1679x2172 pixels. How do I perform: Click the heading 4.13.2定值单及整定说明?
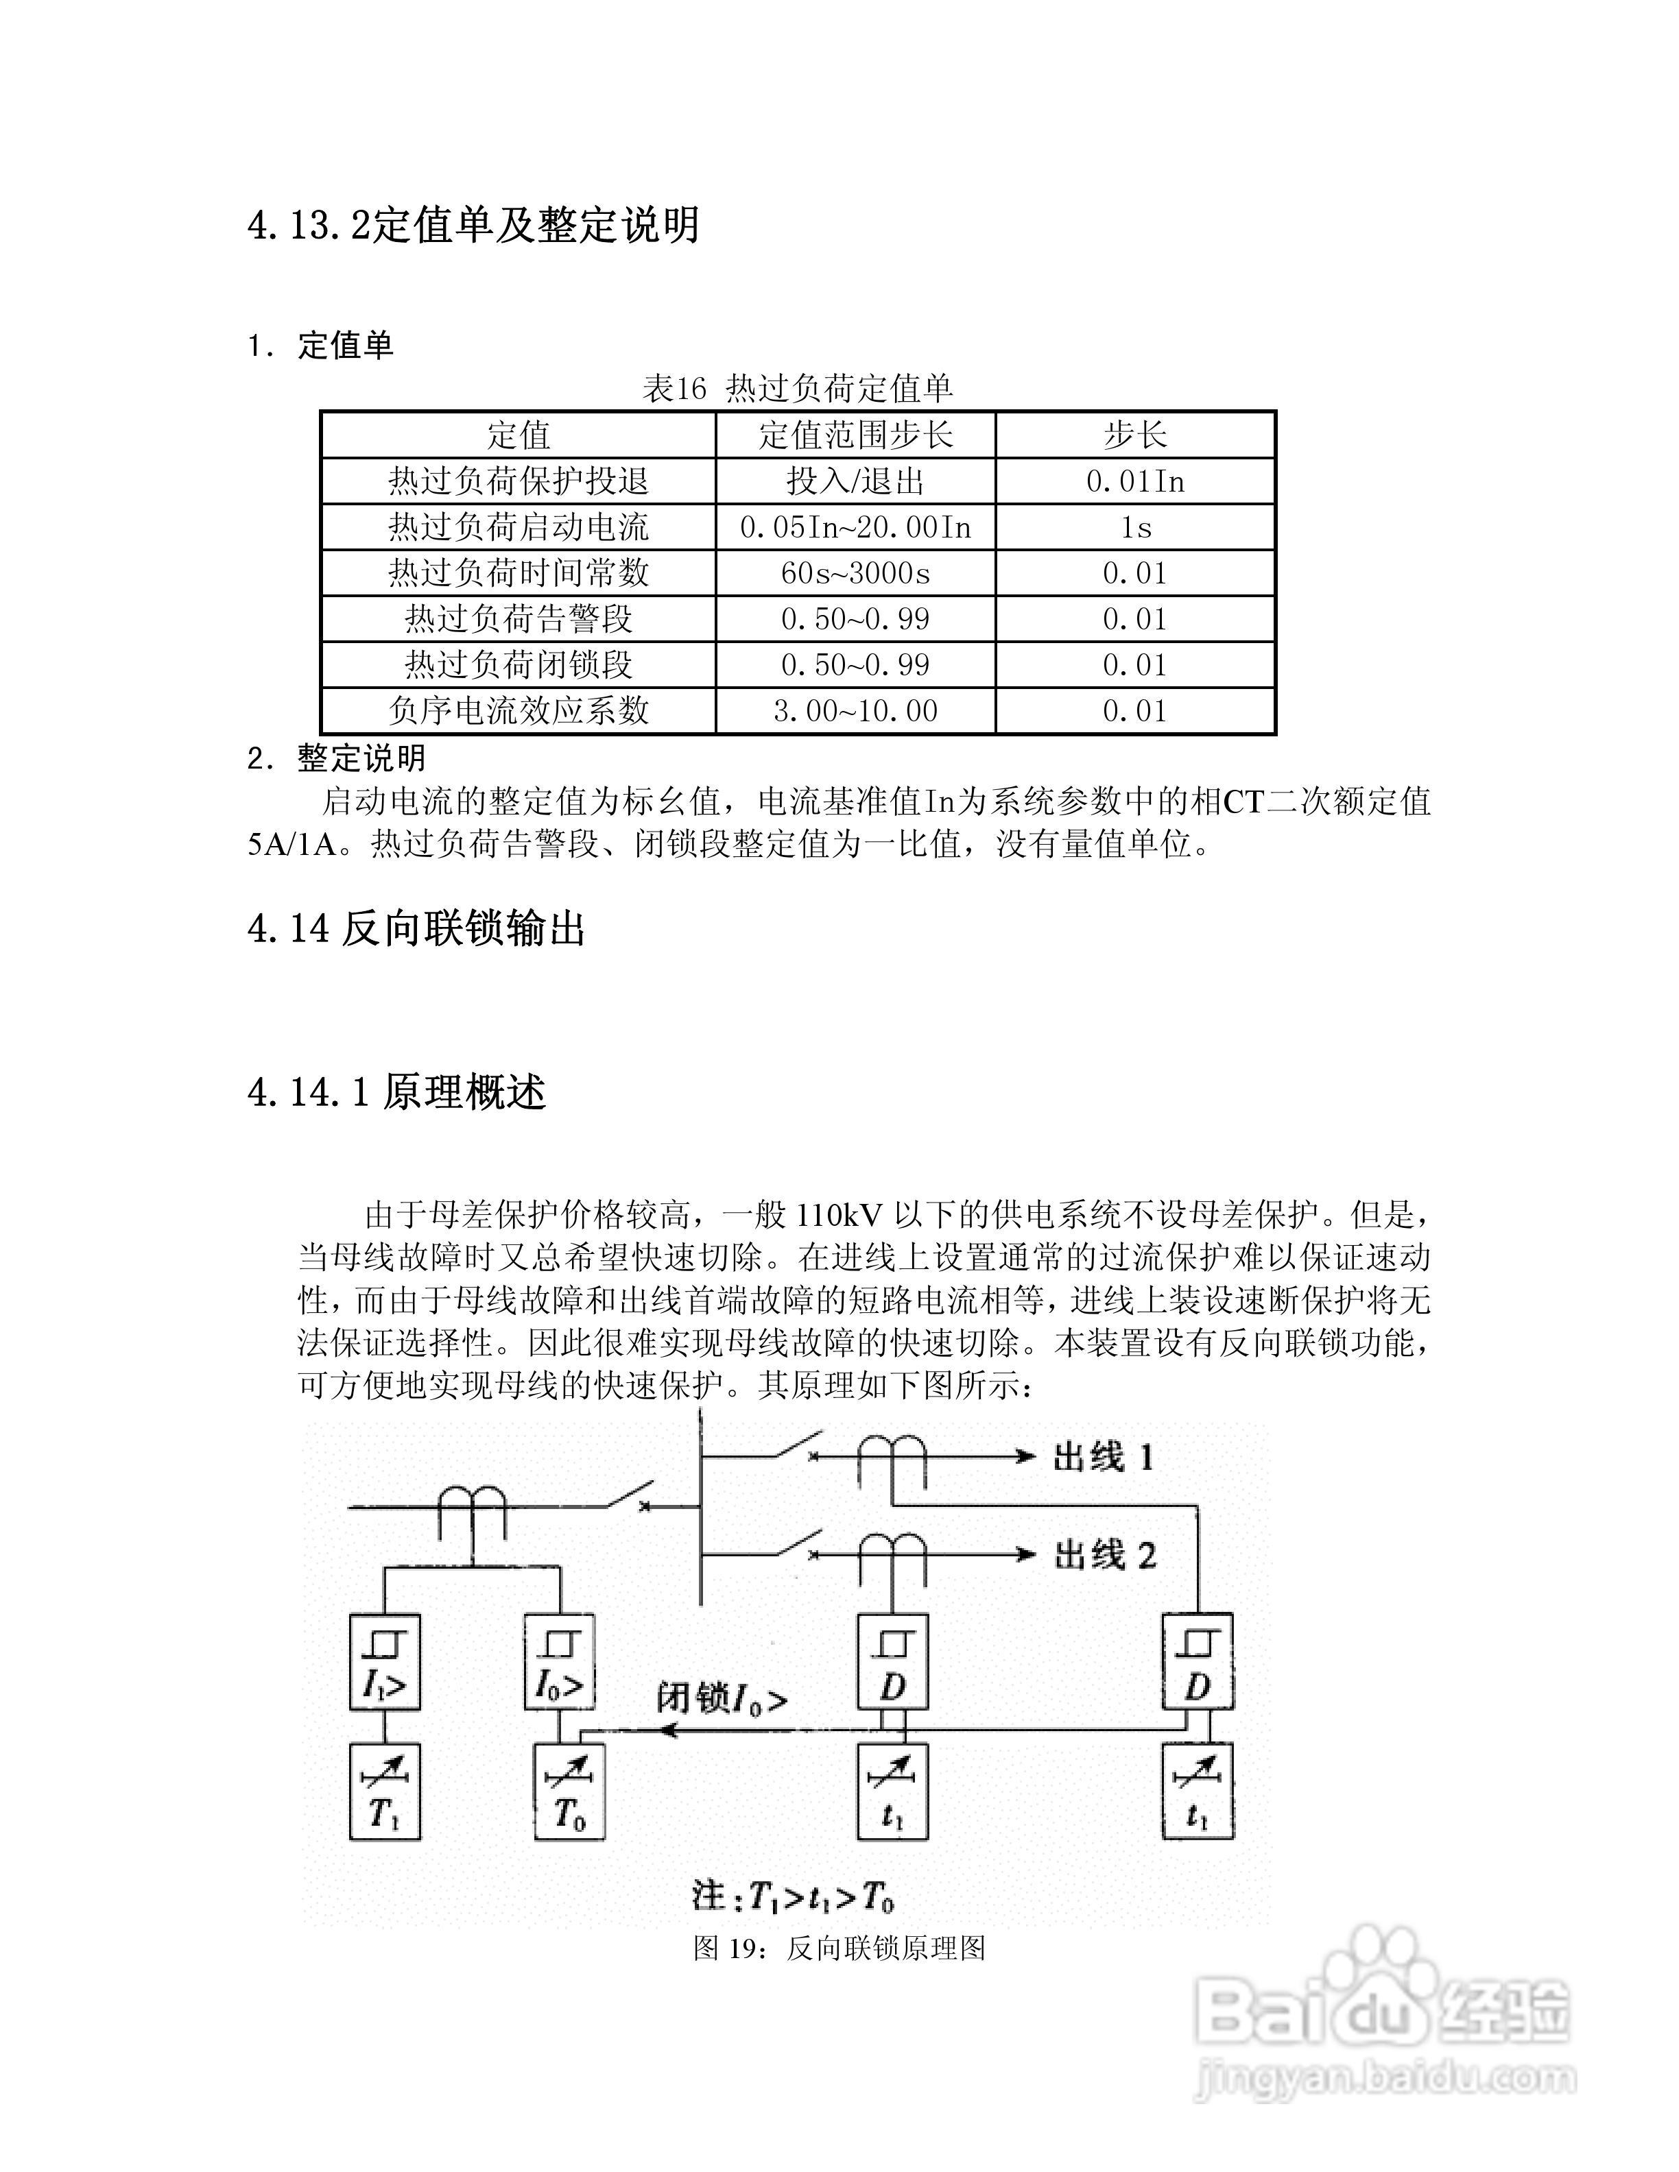[x=473, y=225]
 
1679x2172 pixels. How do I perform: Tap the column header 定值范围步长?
[x=855, y=435]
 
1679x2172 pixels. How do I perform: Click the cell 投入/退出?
[x=855, y=481]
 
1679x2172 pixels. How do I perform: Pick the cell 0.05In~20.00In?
[x=855, y=527]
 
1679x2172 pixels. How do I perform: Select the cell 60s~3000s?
[x=855, y=573]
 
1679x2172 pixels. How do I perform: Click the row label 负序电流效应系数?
[x=519, y=710]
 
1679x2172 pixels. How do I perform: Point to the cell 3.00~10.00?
[x=855, y=710]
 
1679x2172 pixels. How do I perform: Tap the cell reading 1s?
[x=1135, y=527]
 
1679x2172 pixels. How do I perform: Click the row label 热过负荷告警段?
[x=519, y=618]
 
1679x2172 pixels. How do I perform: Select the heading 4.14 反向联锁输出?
[x=416, y=929]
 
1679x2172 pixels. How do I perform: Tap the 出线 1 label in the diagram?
[x=1102, y=1458]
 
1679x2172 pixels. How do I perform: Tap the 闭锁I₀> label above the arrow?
[x=721, y=1698]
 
